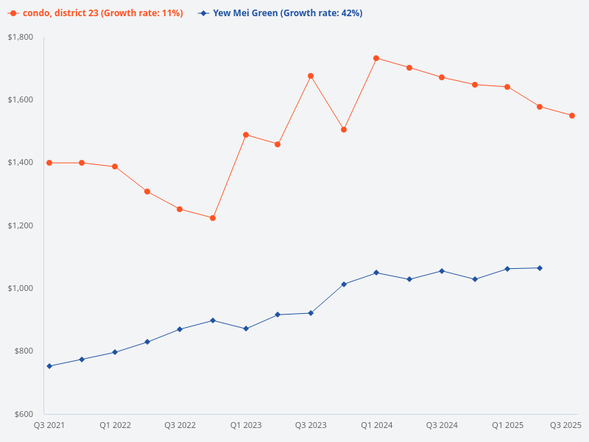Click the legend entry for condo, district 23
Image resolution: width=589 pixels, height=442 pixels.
pyautogui.click(x=96, y=13)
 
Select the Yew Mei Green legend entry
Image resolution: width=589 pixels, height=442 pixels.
pyautogui.click(x=280, y=13)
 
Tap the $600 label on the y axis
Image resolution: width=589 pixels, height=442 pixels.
pyautogui.click(x=24, y=414)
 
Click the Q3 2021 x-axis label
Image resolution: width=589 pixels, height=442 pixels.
pyautogui.click(x=49, y=425)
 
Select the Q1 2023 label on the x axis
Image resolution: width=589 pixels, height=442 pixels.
pyautogui.click(x=245, y=425)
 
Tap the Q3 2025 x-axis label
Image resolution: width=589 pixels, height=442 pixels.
pyautogui.click(x=566, y=425)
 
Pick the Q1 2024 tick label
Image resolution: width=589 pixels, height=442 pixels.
pyautogui.click(x=376, y=425)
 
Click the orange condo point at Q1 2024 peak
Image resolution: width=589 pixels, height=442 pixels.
pyautogui.click(x=376, y=58)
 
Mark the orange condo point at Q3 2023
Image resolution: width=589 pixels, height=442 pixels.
pyautogui.click(x=311, y=76)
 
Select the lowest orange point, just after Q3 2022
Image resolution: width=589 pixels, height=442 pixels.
pyautogui.click(x=213, y=218)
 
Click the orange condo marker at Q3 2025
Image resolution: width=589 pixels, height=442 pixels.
pyautogui.click(x=572, y=116)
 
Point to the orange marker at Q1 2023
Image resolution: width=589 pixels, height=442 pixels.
pyautogui.click(x=245, y=135)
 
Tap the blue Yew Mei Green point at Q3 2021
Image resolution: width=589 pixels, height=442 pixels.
pyautogui.click(x=49, y=366)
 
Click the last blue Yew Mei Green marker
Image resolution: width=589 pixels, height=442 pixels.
pyautogui.click(x=540, y=268)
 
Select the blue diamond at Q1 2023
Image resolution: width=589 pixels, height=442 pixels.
pyautogui.click(x=245, y=329)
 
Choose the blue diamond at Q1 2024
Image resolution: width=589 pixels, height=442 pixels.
pyautogui.click(x=376, y=273)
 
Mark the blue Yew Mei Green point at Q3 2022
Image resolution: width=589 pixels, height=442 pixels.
pyautogui.click(x=180, y=329)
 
